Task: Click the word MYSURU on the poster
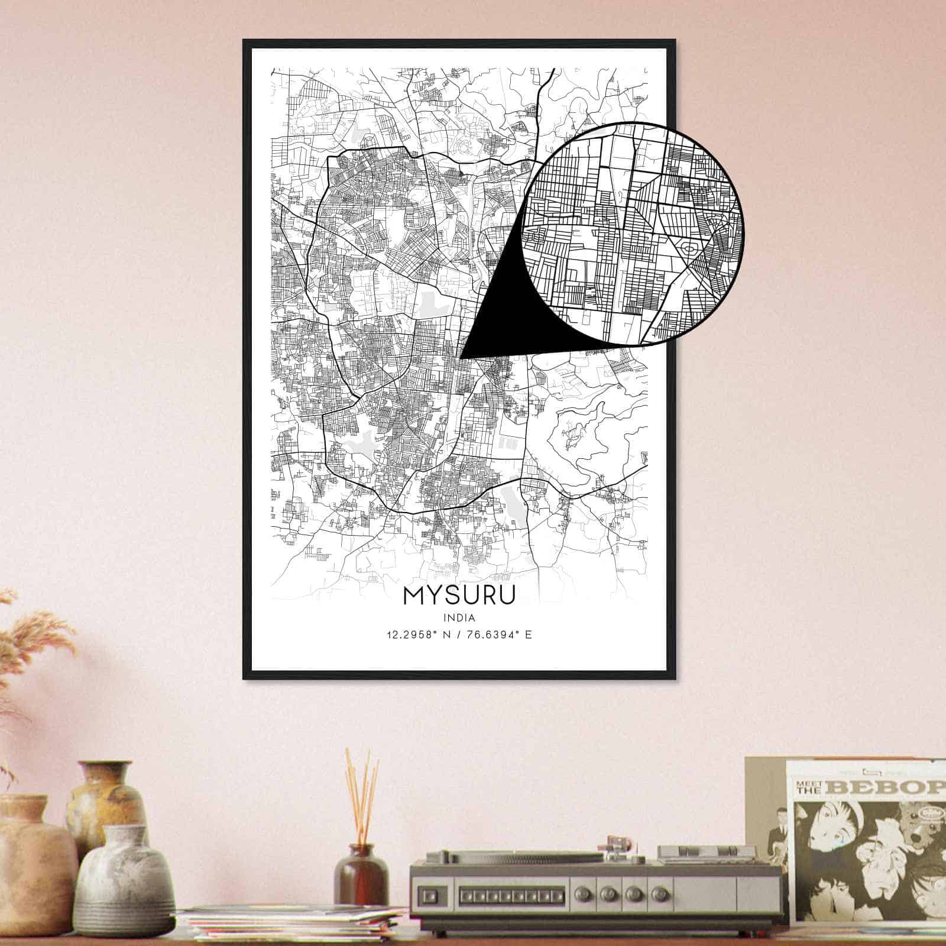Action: (459, 595)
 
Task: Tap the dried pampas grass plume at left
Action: (35, 639)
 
